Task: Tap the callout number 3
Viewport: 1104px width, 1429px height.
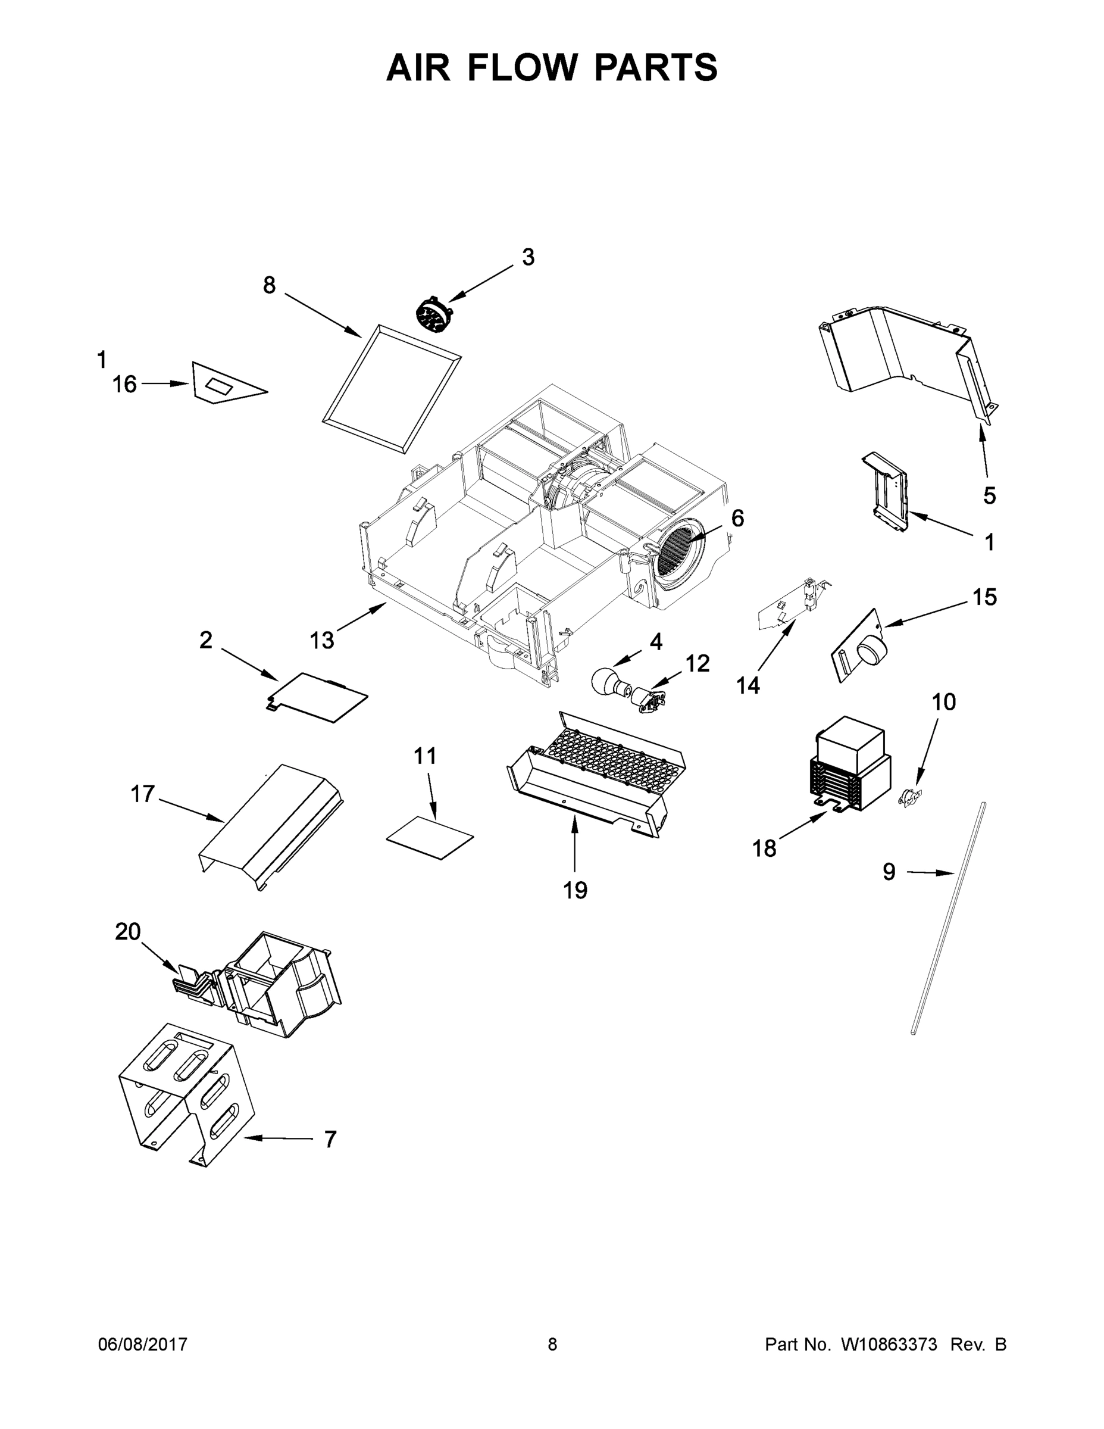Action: click(528, 258)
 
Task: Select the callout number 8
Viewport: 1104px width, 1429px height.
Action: click(270, 285)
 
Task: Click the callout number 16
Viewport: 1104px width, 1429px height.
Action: click(124, 384)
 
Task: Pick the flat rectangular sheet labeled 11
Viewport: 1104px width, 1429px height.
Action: click(430, 838)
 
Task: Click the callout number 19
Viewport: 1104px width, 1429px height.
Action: click(575, 890)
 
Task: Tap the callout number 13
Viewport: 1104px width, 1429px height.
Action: click(322, 640)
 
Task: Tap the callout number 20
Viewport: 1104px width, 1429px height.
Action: click(128, 931)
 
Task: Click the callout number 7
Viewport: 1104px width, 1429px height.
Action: click(330, 1139)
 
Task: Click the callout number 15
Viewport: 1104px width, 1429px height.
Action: click(984, 597)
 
